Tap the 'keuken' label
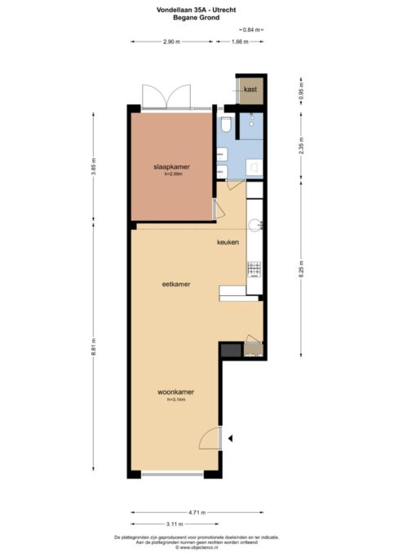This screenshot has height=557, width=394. [x=228, y=243]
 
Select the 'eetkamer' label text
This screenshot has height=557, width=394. [x=176, y=284]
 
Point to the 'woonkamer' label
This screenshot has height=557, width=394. [x=175, y=391]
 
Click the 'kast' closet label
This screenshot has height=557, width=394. [x=250, y=90]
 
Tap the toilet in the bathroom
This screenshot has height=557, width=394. [x=226, y=124]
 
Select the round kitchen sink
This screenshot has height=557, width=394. [x=254, y=223]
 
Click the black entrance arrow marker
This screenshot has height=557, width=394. [x=231, y=439]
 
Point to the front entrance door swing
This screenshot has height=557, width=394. [x=212, y=438]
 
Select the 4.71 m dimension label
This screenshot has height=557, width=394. [x=197, y=512]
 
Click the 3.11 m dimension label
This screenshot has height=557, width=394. [x=175, y=524]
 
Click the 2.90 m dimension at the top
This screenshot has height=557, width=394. [x=171, y=41]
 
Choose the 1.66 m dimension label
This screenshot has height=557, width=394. [x=240, y=41]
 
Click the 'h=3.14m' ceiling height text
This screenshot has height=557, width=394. [x=176, y=400]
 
